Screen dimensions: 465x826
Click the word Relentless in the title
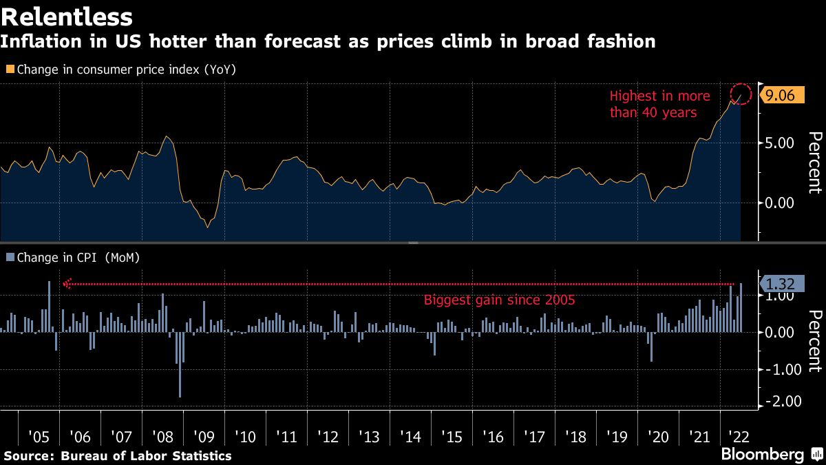click(x=67, y=14)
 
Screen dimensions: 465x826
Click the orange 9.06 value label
click(x=780, y=96)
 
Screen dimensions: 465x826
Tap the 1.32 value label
click(x=780, y=282)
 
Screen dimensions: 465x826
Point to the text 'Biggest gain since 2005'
click(x=499, y=300)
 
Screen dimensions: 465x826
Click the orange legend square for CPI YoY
click(x=10, y=70)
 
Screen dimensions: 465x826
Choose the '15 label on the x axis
click(x=452, y=437)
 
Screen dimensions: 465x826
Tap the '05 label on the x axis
click(x=39, y=437)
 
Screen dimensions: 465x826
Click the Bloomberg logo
click(x=762, y=455)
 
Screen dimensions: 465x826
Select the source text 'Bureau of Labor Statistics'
click(x=146, y=455)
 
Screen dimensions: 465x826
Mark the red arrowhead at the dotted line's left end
click(x=67, y=284)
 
